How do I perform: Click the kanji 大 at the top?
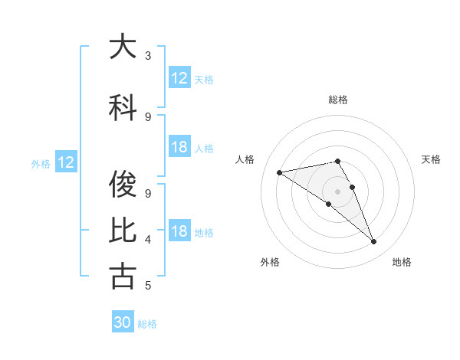click(123, 47)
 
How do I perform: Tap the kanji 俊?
click(123, 184)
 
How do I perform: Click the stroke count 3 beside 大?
click(148, 55)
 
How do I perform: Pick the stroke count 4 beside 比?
click(148, 239)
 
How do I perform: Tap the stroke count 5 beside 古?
click(148, 286)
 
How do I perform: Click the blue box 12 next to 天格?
click(179, 78)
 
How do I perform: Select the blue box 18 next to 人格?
click(179, 148)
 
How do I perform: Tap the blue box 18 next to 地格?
click(179, 232)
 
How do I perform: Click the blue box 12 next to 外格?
click(66, 162)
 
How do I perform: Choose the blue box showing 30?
click(123, 322)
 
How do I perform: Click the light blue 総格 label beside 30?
click(147, 324)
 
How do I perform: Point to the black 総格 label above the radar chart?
click(338, 100)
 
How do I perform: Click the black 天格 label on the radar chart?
click(432, 159)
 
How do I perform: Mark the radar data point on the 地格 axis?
click(374, 242)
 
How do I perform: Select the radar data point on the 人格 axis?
click(280, 172)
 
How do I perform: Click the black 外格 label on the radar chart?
click(270, 263)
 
